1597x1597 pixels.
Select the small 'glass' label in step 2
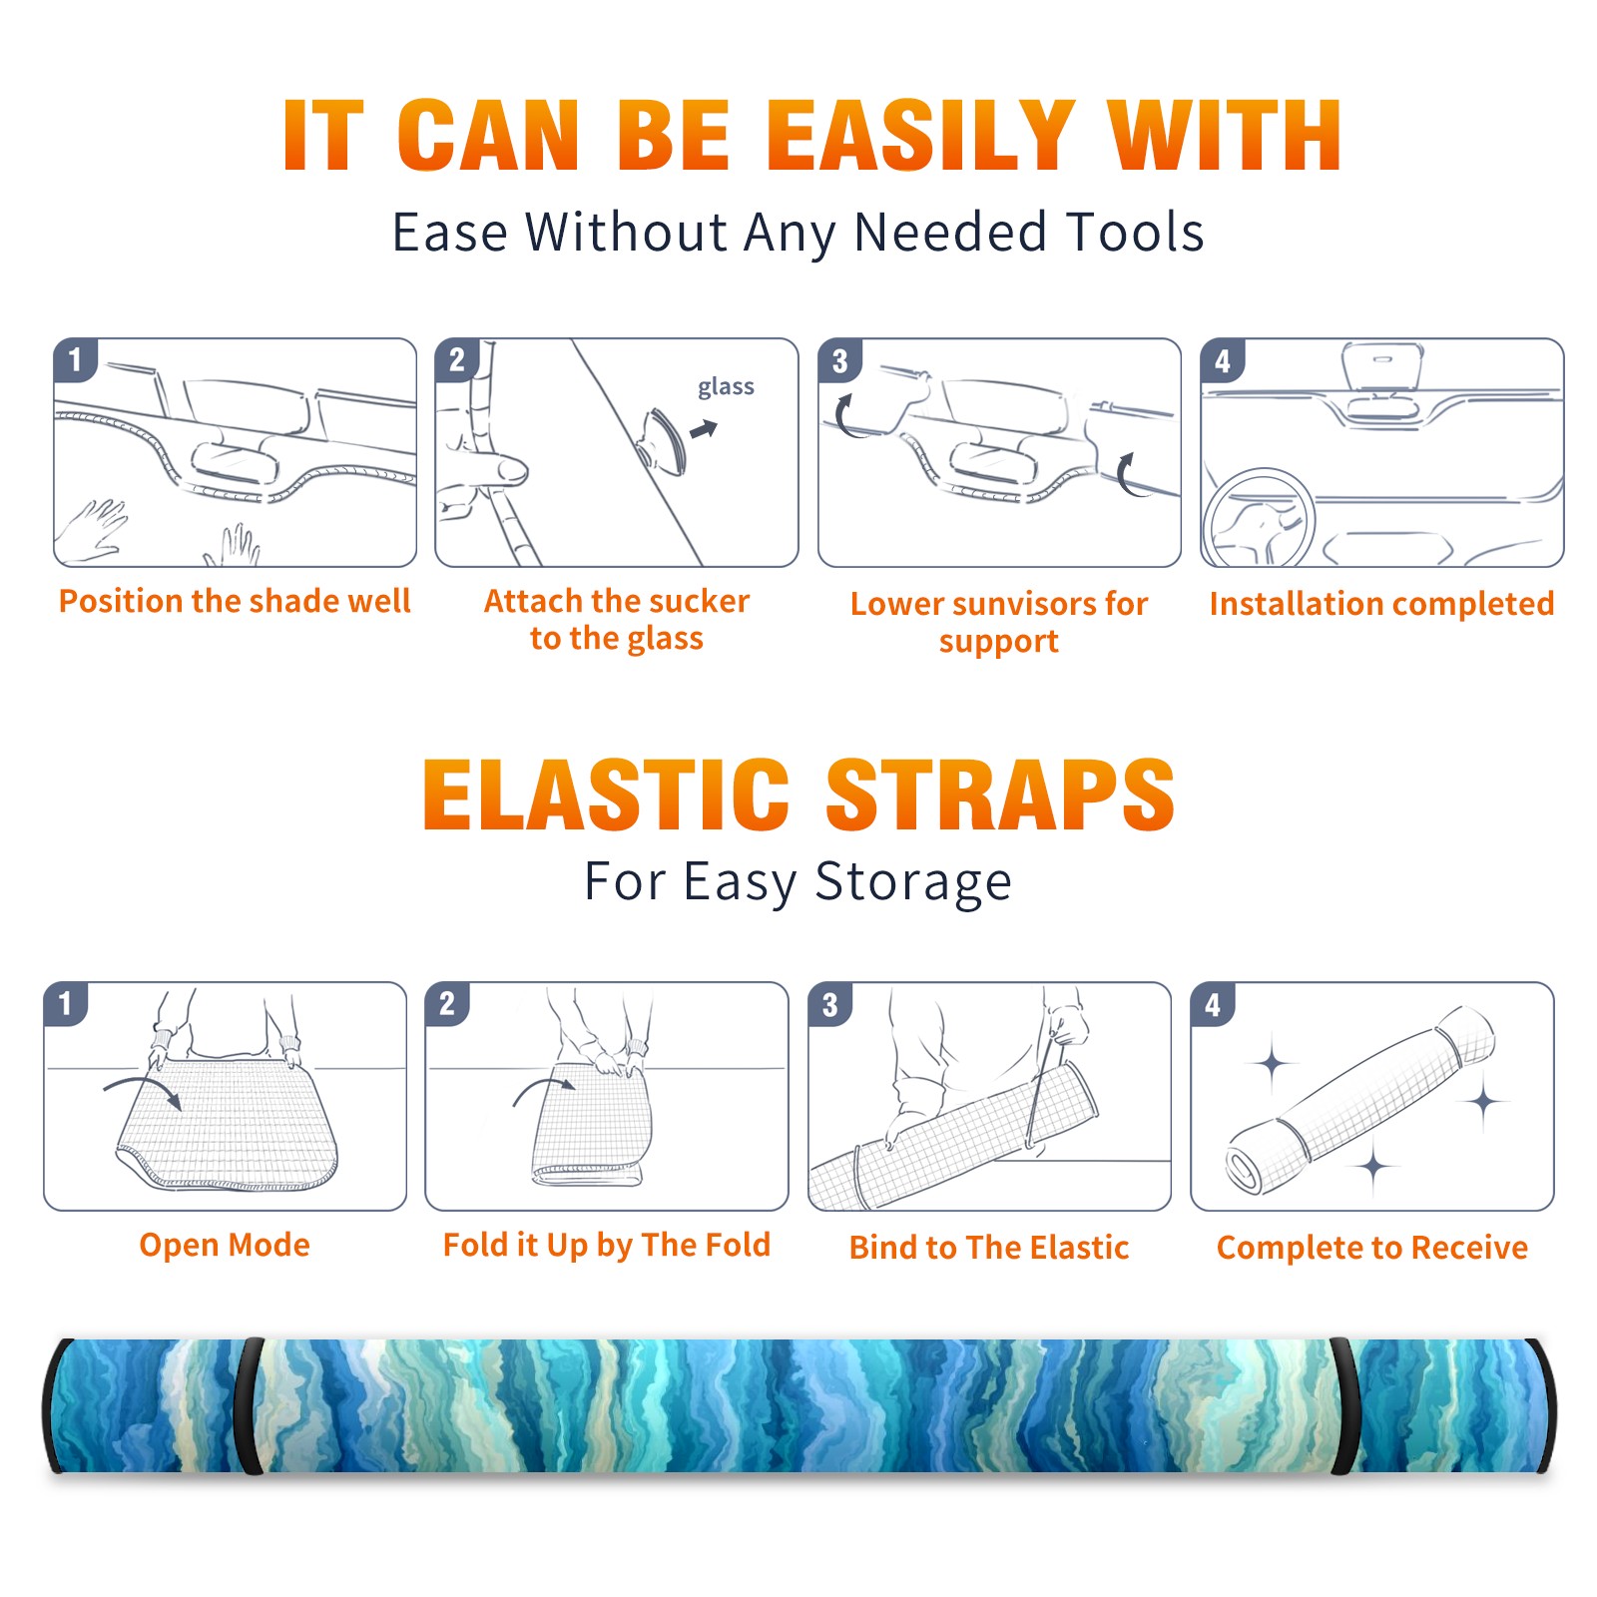(726, 387)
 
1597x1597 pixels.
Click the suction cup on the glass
(665, 440)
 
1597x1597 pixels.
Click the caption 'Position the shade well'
(235, 601)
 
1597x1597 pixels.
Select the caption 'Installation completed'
(1381, 604)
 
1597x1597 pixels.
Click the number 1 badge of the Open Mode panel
(66, 1003)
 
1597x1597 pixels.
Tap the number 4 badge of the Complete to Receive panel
(1213, 1004)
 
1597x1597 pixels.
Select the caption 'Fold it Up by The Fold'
(607, 1246)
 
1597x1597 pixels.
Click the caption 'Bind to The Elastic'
(989, 1248)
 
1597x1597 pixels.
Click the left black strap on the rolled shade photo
(249, 1406)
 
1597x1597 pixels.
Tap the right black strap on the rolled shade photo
(1344, 1406)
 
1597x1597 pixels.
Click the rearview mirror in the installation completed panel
(1382, 365)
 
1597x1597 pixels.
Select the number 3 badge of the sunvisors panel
(839, 360)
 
